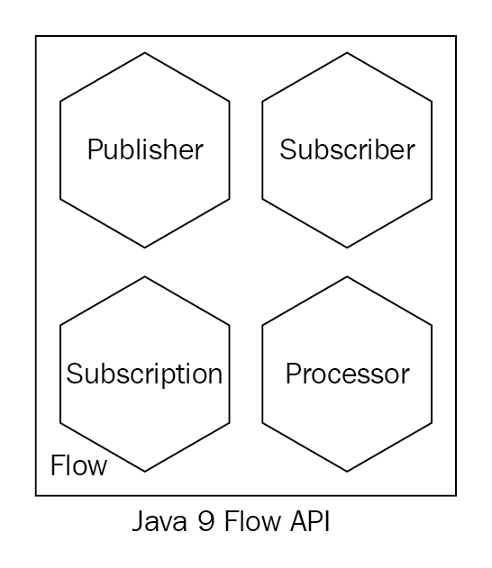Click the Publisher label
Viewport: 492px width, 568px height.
pos(145,150)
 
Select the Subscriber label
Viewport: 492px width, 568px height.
pos(347,149)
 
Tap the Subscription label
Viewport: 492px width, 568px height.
pos(144,374)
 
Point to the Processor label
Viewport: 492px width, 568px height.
pos(348,374)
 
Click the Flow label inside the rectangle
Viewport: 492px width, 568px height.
pos(78,465)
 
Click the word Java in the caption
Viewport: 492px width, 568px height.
pos(159,521)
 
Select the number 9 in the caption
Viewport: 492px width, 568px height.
pos(206,521)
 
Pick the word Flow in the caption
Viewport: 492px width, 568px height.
pos(252,521)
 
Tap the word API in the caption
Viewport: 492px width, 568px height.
pos(310,521)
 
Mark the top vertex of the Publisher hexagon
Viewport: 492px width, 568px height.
pos(145,53)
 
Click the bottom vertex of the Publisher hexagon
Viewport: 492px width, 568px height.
pos(145,248)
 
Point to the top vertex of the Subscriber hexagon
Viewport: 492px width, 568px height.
pos(347,53)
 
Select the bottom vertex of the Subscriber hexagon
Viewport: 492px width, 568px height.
pos(347,248)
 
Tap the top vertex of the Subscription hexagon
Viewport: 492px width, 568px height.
pos(145,276)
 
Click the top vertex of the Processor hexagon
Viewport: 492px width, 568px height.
pos(347,276)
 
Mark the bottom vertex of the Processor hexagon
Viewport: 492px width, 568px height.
pos(347,472)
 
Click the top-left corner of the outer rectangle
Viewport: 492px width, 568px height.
pos(35,36)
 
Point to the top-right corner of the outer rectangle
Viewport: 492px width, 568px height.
pos(456,36)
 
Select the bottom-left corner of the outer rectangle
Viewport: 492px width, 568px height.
pos(35,496)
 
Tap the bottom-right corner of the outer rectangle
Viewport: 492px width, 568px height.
pos(456,496)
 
